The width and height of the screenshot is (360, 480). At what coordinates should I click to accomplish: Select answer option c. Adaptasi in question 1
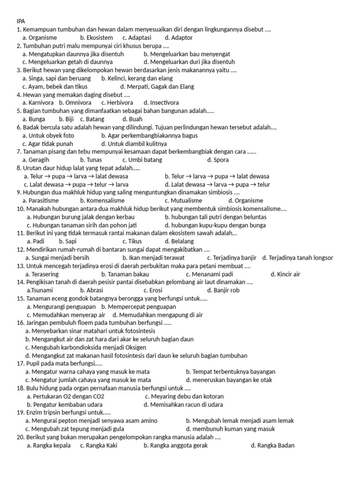(x=137, y=37)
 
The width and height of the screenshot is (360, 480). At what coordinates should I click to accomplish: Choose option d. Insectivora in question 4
(x=161, y=102)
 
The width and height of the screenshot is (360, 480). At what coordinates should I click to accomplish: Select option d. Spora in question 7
(x=217, y=159)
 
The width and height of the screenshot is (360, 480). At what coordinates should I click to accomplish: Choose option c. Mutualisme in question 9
(x=180, y=200)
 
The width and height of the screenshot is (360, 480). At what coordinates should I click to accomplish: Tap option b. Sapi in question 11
(x=67, y=241)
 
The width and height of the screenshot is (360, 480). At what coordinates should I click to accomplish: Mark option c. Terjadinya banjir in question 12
(x=232, y=257)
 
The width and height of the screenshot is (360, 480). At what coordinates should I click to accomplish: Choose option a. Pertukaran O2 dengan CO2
(x=66, y=396)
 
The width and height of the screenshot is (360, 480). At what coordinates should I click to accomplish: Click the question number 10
(x=21, y=209)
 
